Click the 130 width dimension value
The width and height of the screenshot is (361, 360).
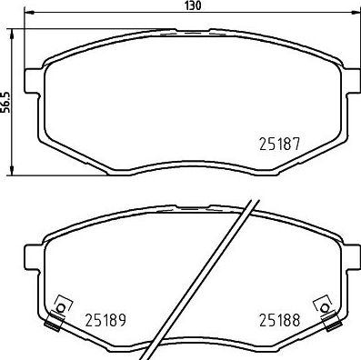[191, 5]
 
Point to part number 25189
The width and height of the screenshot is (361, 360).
[105, 319]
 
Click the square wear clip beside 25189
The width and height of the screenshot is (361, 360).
[61, 305]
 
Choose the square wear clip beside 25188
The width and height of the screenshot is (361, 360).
[321, 305]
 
